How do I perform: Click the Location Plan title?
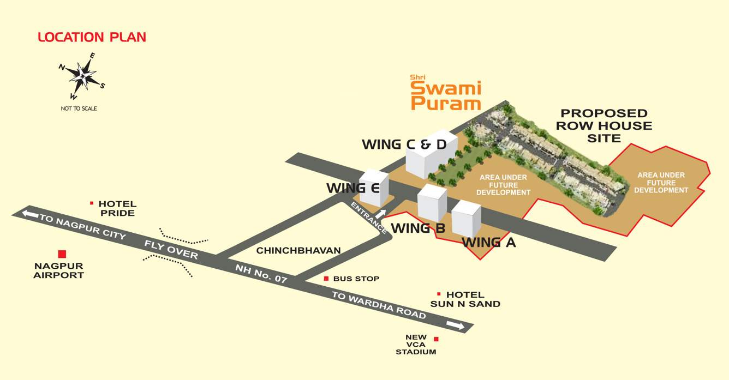[92, 37]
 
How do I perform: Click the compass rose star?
[82, 76]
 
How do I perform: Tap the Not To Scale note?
[79, 108]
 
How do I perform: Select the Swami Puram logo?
[445, 94]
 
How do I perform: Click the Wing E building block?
[374, 188]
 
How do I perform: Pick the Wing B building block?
[432, 202]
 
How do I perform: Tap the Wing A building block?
[467, 219]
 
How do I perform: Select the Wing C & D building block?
[431, 154]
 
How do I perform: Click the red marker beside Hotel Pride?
[92, 203]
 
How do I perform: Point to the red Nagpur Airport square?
[62, 254]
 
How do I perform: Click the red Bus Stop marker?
[326, 279]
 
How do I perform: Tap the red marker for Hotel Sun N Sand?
[439, 294]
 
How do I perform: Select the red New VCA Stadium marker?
[436, 339]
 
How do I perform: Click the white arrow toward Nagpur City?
[30, 214]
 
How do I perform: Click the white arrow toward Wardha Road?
[455, 325]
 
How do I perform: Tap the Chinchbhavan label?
[298, 251]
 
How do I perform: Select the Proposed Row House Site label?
[604, 125]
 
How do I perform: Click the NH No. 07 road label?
[261, 273]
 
